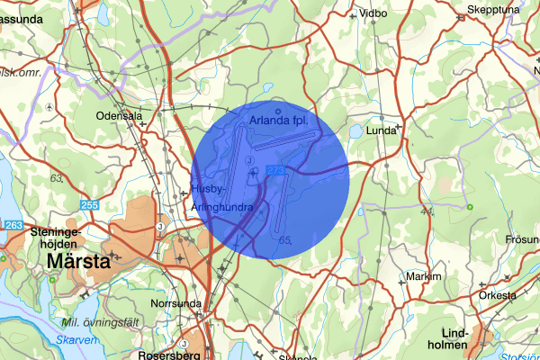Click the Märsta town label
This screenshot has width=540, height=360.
coord(80,263)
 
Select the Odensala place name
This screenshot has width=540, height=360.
coord(121,116)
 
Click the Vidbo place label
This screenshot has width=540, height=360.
coord(373,14)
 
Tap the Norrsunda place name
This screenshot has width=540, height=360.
coord(173,303)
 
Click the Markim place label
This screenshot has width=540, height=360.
coord(425,275)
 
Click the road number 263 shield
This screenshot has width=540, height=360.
coord(13,225)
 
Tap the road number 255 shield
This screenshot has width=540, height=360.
coord(89,206)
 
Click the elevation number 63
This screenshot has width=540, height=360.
coord(57,178)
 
